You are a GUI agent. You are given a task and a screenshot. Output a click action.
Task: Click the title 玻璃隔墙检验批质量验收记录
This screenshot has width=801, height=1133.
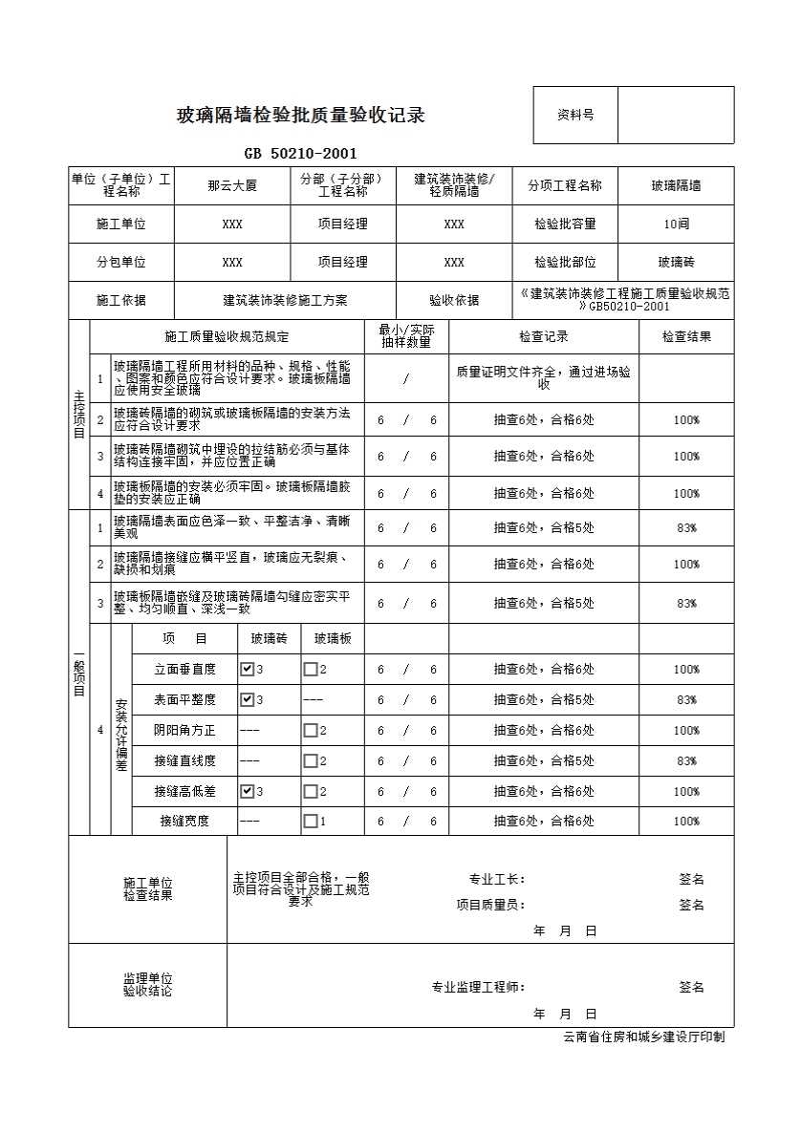[x=300, y=117]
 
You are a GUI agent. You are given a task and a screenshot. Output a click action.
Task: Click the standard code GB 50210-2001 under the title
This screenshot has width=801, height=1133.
[x=300, y=154]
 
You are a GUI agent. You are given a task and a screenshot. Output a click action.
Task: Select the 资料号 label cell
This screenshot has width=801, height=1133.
[x=575, y=115]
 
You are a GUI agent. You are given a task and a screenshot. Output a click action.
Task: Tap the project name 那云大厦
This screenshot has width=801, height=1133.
[x=231, y=186]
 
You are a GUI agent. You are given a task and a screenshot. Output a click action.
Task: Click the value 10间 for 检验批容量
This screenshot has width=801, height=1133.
[x=676, y=224]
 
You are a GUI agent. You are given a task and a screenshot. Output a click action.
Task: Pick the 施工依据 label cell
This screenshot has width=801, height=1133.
[x=121, y=300]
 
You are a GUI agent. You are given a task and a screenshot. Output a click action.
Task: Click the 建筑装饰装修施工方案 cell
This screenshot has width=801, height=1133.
[x=285, y=300]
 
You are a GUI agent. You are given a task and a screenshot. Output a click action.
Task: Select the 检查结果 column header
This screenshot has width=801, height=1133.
[x=686, y=336]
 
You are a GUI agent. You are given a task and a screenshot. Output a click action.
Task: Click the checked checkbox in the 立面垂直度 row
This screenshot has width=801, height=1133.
[x=247, y=670]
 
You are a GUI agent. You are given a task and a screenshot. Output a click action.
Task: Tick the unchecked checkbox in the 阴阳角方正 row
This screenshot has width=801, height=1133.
[x=310, y=731]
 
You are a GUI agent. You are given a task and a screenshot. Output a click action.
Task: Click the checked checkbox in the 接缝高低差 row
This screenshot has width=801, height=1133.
[x=247, y=792]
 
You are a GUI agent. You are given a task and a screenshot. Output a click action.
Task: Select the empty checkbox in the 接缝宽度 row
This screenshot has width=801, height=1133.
[x=310, y=822]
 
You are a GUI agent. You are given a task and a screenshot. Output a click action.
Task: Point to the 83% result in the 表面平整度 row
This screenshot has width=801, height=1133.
[x=686, y=700]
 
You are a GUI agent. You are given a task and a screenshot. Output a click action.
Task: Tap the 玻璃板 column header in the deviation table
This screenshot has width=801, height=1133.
[x=333, y=639]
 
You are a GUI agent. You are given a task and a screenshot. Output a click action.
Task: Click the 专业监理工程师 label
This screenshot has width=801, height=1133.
[x=478, y=988]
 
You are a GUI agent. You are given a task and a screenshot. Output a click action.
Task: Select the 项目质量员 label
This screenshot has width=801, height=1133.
[x=490, y=905]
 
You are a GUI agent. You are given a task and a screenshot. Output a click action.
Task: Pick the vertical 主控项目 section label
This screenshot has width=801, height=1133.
[x=79, y=413]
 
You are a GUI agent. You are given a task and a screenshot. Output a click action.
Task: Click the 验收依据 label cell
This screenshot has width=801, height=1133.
[x=454, y=300]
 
